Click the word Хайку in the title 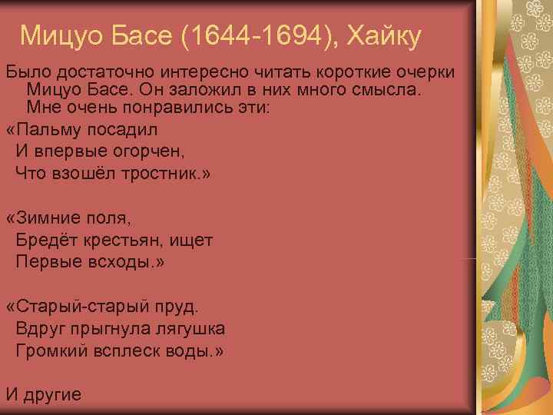point(384,35)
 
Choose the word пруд point(177,307)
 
